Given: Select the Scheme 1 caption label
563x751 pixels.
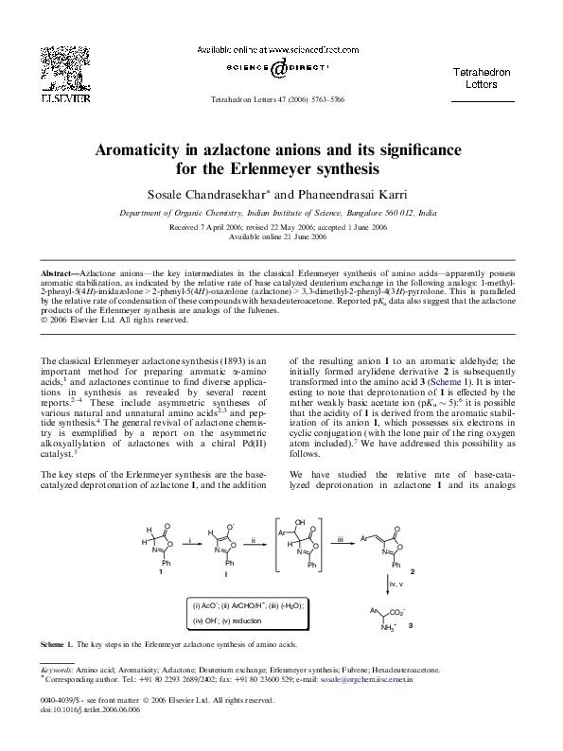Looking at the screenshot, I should click(57, 644).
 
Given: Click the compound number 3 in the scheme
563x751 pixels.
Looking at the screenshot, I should click(410, 627).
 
